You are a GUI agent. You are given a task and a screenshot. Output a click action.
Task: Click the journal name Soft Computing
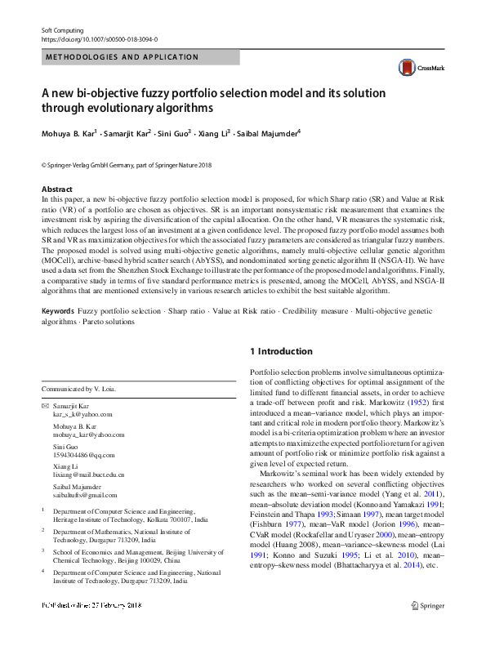62,30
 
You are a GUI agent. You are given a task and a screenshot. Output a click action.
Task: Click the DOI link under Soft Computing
100,39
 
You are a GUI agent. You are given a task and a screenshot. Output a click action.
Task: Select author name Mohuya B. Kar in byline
69,131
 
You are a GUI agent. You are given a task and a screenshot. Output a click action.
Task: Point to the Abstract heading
56,189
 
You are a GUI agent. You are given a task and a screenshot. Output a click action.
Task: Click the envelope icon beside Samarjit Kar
46,405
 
